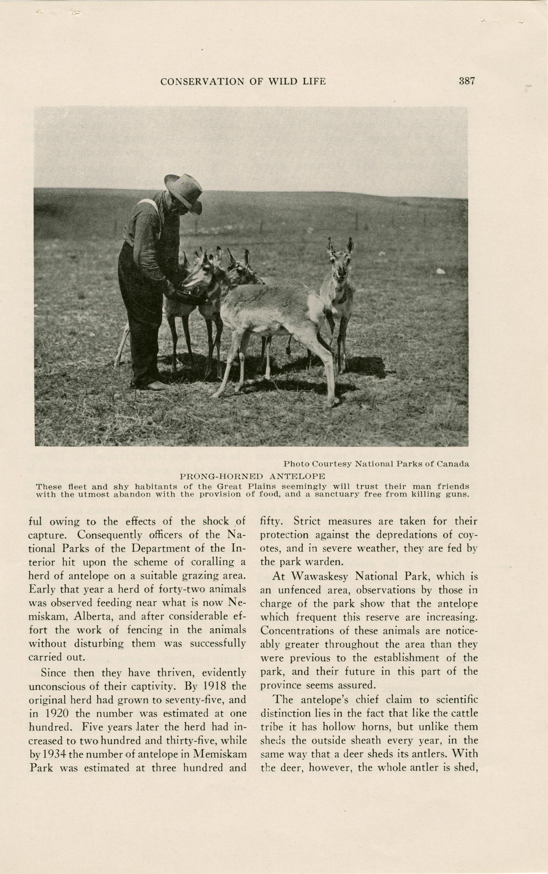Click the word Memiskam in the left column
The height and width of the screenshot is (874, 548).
[220, 754]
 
